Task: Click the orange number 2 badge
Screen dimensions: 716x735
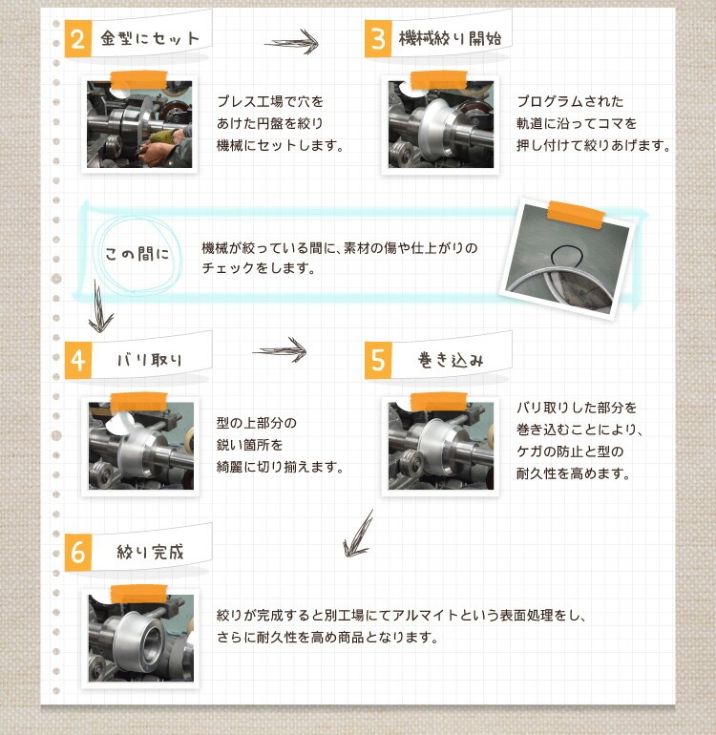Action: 78,39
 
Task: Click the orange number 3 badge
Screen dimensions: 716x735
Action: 378,39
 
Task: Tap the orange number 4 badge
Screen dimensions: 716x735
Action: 78,360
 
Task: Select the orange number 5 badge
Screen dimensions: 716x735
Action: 378,360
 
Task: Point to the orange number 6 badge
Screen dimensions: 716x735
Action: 78,552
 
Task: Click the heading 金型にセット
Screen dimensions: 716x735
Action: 150,38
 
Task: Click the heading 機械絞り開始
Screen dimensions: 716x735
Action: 451,38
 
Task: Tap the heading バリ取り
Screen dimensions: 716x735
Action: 150,360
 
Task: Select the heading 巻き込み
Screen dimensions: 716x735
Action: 451,360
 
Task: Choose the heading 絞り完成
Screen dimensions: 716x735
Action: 150,552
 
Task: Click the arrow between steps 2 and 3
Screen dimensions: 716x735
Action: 292,42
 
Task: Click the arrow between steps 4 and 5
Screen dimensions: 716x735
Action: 280,349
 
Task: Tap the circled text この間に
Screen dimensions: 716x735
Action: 137,254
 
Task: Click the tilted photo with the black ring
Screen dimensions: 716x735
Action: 567,260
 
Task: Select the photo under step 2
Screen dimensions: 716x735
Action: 139,124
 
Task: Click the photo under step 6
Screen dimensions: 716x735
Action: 140,638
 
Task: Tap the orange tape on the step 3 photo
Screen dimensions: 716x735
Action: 438,79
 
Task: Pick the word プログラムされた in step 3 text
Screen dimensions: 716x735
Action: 570,101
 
